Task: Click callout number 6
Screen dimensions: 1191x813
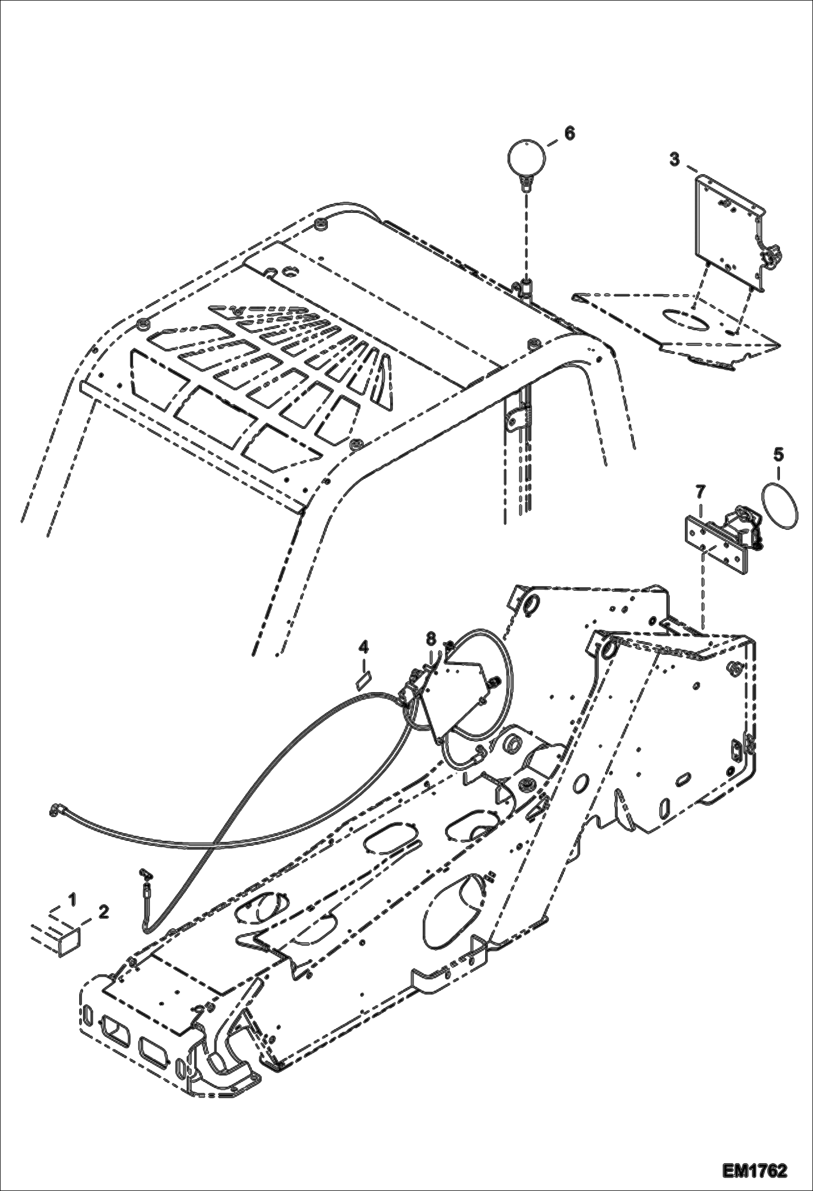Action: click(x=568, y=133)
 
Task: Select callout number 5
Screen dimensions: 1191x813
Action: click(x=778, y=454)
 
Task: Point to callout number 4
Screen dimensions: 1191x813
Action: click(x=363, y=647)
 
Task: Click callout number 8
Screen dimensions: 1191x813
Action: click(x=430, y=638)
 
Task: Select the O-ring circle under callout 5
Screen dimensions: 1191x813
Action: click(x=780, y=504)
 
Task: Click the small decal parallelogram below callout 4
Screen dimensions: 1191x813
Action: click(x=363, y=681)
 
